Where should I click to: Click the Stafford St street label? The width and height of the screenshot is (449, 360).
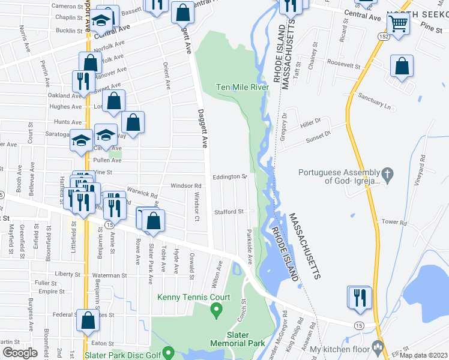pyautogui.click(x=229, y=212)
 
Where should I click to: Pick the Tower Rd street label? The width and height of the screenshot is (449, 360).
pyautogui.click(x=394, y=222)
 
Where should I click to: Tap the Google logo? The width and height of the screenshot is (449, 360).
pyautogui.click(x=20, y=352)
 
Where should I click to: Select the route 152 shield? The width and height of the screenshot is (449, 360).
pyautogui.click(x=382, y=37)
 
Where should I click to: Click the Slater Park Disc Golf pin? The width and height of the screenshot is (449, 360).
pyautogui.click(x=169, y=352)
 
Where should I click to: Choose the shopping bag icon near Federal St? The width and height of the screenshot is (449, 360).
pyautogui.click(x=88, y=322)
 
